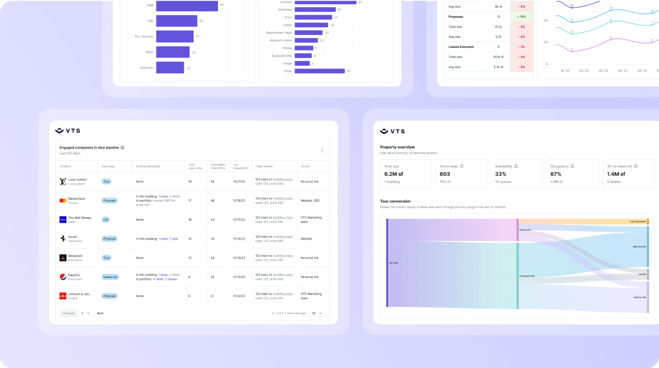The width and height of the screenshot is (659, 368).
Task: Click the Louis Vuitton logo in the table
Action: (x=63, y=181)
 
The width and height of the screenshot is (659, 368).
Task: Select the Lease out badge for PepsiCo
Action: (x=110, y=276)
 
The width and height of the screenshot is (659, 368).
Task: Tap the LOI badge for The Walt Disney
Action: (x=106, y=219)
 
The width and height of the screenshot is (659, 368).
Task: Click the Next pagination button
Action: (x=100, y=313)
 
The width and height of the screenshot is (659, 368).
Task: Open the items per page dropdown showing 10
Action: (x=317, y=313)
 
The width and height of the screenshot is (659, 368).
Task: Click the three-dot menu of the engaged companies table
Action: (x=322, y=150)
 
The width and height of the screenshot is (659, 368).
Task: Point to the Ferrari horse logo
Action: (x=63, y=238)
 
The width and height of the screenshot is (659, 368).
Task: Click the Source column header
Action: (x=305, y=166)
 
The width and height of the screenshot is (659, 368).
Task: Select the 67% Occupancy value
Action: (x=556, y=174)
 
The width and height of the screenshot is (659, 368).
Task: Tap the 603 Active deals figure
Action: (x=446, y=174)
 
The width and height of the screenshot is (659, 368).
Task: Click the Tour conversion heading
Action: (x=395, y=201)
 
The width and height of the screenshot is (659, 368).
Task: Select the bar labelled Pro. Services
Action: (x=175, y=37)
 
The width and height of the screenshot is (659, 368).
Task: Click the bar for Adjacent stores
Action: (x=306, y=40)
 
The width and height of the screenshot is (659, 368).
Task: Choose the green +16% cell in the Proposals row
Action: (x=522, y=17)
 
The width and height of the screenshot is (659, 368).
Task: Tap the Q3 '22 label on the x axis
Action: (x=603, y=70)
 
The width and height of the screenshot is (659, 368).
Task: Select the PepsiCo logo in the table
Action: (x=63, y=276)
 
